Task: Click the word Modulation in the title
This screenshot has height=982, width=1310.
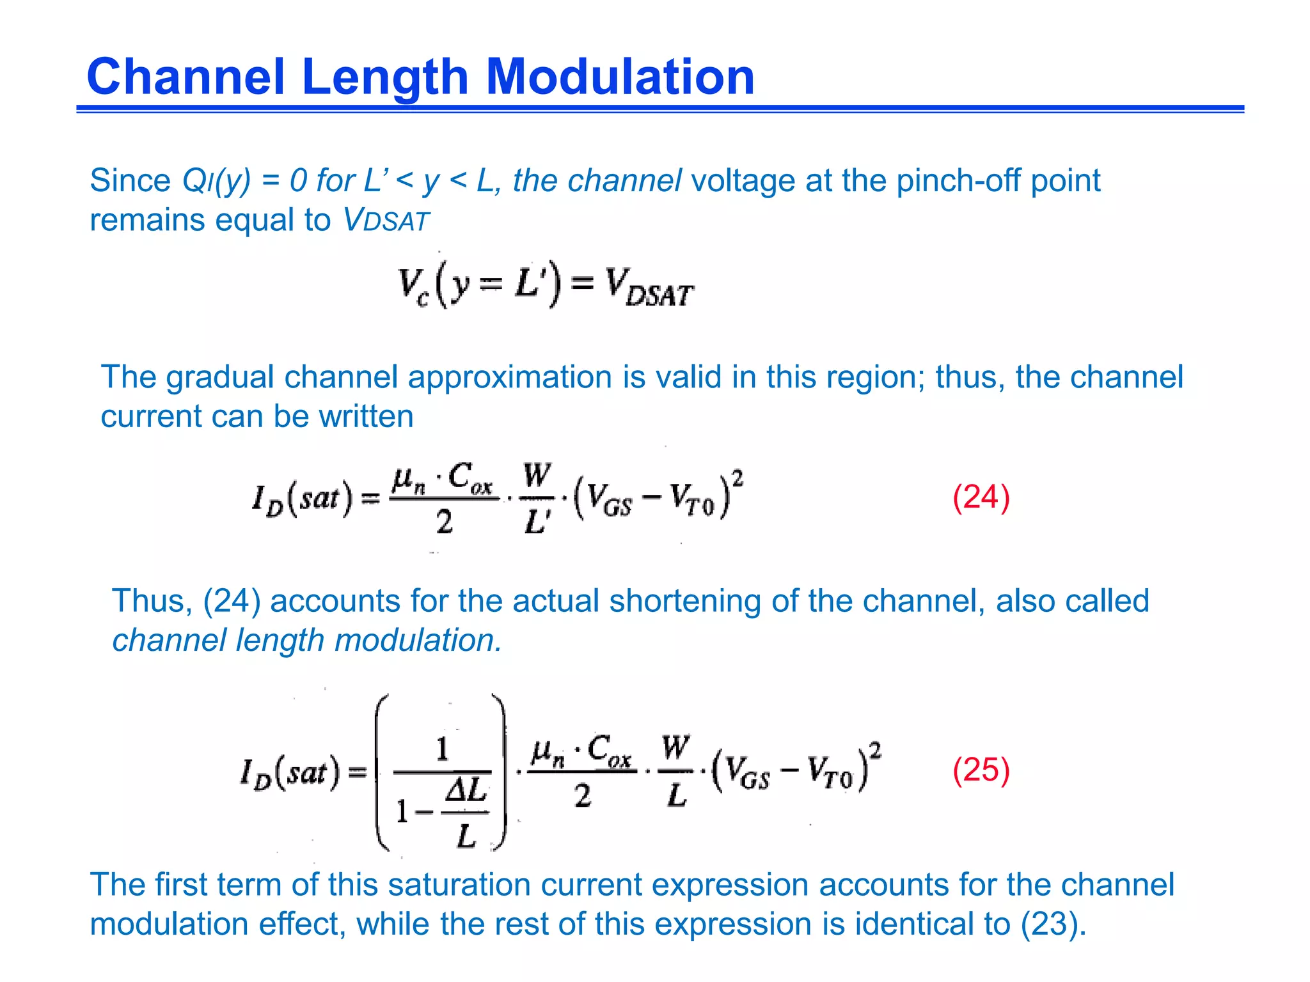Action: click(x=620, y=77)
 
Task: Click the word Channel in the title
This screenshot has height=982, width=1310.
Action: click(x=185, y=77)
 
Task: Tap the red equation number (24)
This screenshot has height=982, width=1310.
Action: click(x=981, y=497)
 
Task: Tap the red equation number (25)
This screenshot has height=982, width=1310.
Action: click(x=981, y=770)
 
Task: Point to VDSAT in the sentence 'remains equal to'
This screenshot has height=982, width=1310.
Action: click(x=387, y=221)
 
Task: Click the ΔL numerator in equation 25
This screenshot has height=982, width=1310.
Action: click(x=466, y=791)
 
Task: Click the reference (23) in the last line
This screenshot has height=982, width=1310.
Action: click(x=1053, y=924)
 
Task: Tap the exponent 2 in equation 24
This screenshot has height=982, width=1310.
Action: click(x=738, y=477)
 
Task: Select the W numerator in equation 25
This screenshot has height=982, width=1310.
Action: click(x=675, y=747)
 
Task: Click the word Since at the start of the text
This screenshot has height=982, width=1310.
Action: click(x=130, y=181)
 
